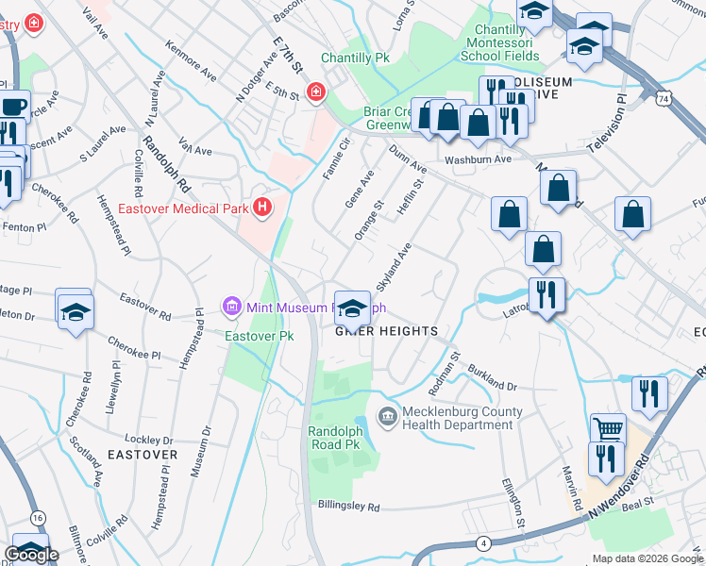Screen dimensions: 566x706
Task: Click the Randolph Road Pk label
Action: pyautogui.click(x=337, y=438)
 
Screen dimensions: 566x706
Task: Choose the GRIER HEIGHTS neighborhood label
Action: pyautogui.click(x=387, y=331)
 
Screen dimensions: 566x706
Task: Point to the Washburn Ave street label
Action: pyautogui.click(x=479, y=159)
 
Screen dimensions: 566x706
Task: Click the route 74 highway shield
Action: pyautogui.click(x=665, y=98)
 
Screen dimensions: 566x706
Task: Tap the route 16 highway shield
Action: pyautogui.click(x=38, y=518)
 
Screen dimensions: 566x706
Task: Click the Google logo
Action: pyautogui.click(x=31, y=555)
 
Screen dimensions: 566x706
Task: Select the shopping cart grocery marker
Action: pyautogui.click(x=608, y=429)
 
